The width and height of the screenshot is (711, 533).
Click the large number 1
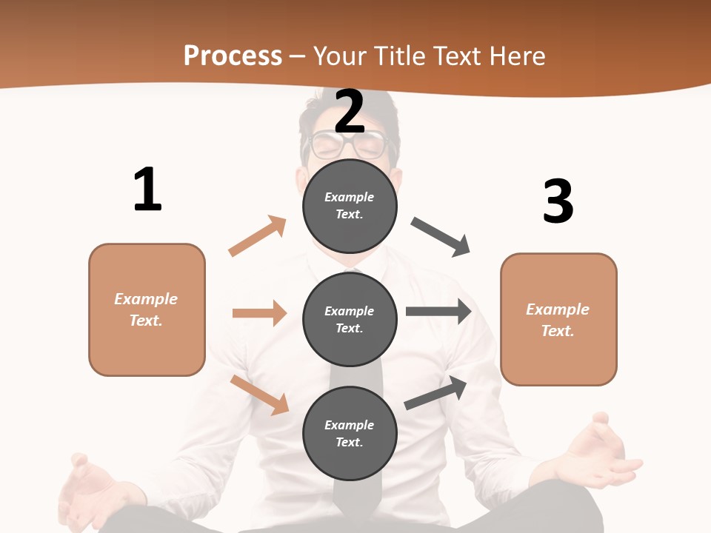147,190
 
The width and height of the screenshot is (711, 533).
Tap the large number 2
350,112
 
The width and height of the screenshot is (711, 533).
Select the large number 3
558,201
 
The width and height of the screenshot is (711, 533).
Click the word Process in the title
233,56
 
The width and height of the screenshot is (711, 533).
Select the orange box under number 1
147,309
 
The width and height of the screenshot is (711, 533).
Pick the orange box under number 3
558,319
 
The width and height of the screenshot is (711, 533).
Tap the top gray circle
350,206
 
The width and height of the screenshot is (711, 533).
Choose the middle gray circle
350,319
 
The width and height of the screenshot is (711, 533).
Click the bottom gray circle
350,433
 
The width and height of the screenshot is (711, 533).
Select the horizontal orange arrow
259,313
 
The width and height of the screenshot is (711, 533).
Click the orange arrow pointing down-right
260,395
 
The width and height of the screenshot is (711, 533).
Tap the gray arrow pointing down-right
441,237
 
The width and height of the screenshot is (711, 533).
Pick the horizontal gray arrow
438,311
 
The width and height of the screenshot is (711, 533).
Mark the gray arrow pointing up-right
435,393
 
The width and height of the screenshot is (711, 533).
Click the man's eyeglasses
350,145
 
